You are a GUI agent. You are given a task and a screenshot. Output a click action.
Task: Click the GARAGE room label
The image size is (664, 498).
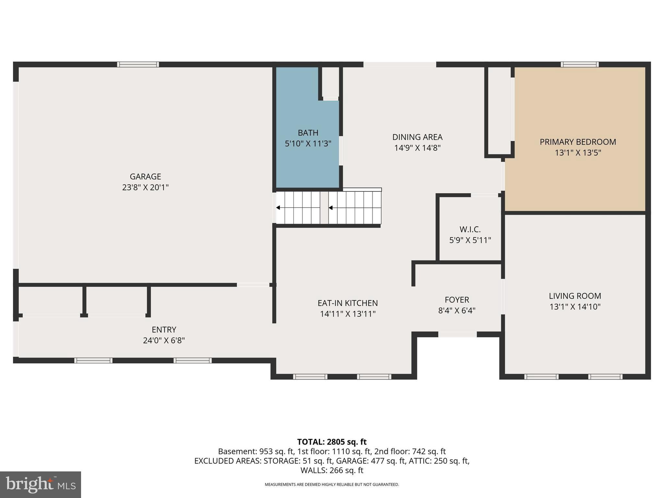(x=145, y=176)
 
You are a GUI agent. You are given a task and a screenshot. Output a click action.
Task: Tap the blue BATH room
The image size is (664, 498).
(x=307, y=156)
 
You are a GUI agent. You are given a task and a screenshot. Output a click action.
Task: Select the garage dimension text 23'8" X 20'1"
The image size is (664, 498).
(x=145, y=187)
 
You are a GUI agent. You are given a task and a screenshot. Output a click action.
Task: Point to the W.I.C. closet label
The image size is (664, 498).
(x=470, y=230)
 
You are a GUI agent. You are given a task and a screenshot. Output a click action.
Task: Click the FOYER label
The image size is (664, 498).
(x=457, y=300)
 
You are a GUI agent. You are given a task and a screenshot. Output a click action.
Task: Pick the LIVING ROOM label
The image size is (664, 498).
(x=575, y=296)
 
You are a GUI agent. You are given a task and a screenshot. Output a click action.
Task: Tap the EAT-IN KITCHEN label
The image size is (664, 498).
(x=348, y=303)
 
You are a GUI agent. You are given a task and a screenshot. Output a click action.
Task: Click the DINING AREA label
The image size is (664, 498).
(x=417, y=137)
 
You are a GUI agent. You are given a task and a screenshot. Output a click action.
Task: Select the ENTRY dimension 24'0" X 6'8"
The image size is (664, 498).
(x=164, y=340)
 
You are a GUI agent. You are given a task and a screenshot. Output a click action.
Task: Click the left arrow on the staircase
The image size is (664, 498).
(x=278, y=207)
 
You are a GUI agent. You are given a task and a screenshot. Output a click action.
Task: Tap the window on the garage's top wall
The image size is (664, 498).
(x=138, y=64)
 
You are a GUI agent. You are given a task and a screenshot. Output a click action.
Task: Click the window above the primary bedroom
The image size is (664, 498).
(x=580, y=64)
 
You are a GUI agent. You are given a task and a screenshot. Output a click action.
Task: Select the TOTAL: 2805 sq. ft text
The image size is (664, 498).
(x=332, y=442)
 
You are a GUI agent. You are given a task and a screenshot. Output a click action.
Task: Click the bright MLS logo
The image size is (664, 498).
(x=40, y=484)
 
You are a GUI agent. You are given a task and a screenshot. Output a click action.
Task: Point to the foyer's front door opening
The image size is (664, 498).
(x=457, y=334)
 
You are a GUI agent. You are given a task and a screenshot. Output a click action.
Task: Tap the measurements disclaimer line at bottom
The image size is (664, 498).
(x=332, y=485)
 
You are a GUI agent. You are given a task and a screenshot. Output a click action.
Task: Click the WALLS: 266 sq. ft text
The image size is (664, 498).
(x=332, y=470)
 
